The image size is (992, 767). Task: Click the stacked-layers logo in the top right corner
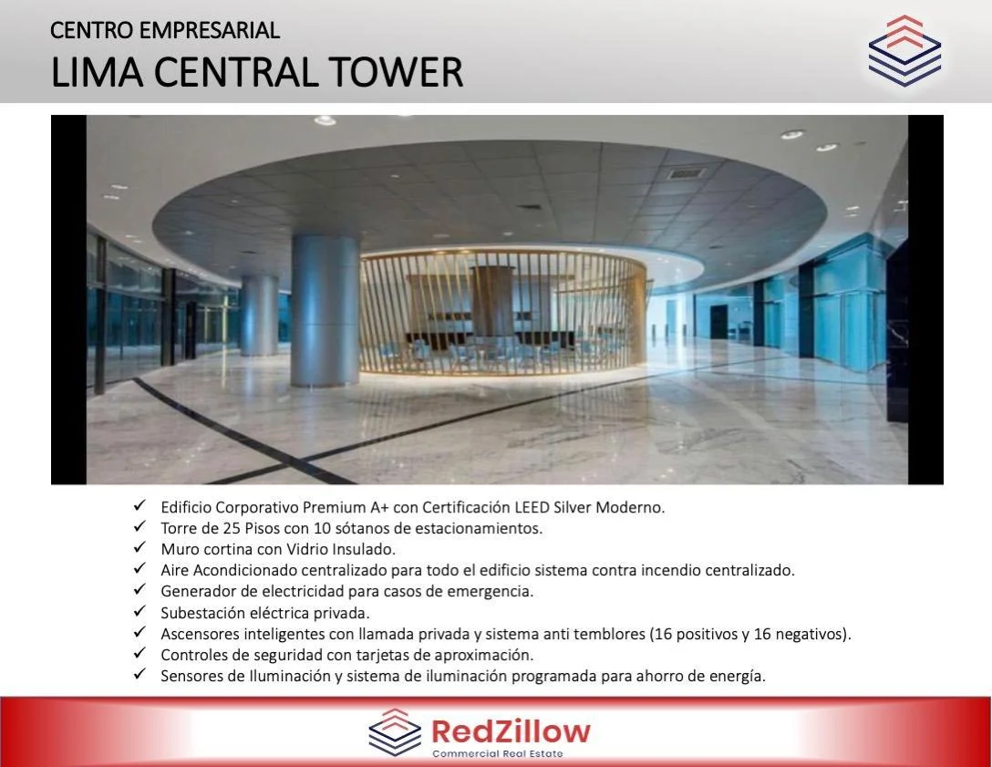click(x=904, y=51)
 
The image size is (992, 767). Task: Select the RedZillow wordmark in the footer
click(x=511, y=731)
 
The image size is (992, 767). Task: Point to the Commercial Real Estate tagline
click(x=498, y=753)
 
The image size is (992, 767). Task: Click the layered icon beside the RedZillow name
click(x=395, y=732)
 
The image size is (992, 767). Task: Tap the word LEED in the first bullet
click(x=532, y=508)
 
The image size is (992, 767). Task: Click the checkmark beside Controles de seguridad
click(x=139, y=653)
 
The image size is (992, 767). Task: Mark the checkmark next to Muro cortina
click(x=139, y=547)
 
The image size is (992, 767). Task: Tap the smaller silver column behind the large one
click(x=259, y=315)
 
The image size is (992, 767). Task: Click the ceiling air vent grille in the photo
click(x=685, y=172)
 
